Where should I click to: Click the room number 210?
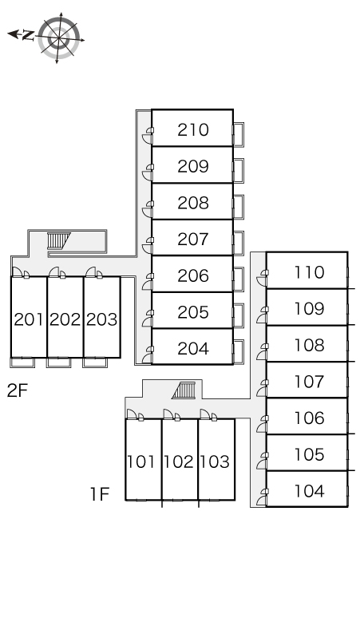click(x=193, y=129)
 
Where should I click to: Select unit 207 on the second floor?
click(x=193, y=239)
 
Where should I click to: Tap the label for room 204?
click(x=193, y=348)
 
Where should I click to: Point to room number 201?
click(x=29, y=319)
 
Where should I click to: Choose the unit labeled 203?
click(x=101, y=319)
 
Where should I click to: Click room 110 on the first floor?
click(x=310, y=272)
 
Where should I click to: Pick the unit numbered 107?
click(x=310, y=381)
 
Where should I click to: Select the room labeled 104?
click(x=310, y=491)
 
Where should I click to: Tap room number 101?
click(x=141, y=462)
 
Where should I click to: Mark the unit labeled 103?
click(x=215, y=462)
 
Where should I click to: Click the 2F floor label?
click(x=18, y=390)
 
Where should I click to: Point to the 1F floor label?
click(x=100, y=494)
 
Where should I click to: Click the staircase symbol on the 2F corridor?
click(x=58, y=241)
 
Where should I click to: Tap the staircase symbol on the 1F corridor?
click(x=184, y=390)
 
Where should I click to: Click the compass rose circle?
click(x=59, y=38)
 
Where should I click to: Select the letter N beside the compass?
click(x=28, y=35)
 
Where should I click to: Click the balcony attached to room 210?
click(x=239, y=134)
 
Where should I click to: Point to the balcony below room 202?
click(x=59, y=362)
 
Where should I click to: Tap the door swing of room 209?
click(x=148, y=172)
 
